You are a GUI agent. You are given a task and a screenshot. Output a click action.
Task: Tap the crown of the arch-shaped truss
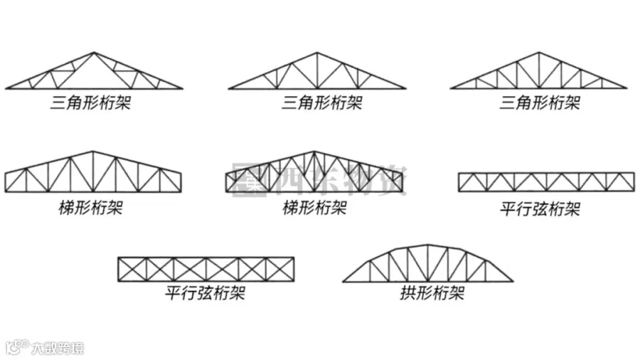[x=427, y=246]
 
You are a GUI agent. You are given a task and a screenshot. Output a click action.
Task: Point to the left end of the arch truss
[x=343, y=281]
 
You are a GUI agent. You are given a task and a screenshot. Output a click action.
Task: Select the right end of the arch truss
[x=512, y=281]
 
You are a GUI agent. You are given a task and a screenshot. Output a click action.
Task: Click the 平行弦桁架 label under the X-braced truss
[x=206, y=292]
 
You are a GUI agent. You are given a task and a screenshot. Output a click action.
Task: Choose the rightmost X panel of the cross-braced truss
[x=279, y=269]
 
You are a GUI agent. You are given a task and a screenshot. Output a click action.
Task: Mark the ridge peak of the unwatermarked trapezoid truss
[x=93, y=152]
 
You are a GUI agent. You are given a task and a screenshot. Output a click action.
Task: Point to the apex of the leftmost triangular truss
[x=94, y=53]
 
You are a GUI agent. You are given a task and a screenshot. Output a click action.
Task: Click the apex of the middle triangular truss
[x=317, y=53]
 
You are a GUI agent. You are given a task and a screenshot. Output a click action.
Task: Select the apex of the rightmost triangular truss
[x=539, y=53]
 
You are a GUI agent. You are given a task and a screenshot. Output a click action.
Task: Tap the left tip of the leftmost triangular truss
[x=6, y=89]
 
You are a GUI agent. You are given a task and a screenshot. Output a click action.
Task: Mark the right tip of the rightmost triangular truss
[x=626, y=88]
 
